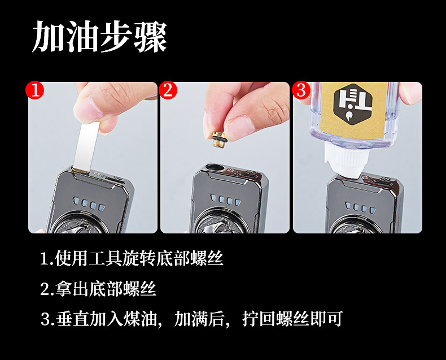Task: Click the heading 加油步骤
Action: point(99,37)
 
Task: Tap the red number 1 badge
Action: point(36,90)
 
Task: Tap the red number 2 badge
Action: point(168,90)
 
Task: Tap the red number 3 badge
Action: point(301,90)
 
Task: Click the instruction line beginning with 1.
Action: point(132,259)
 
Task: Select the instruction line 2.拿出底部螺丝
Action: point(98,289)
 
